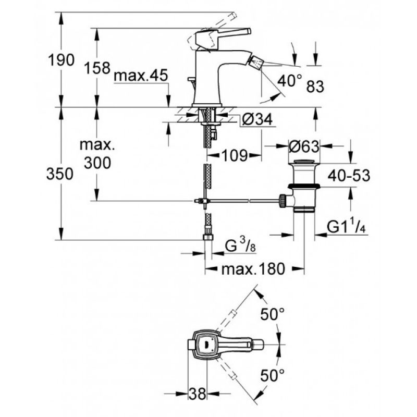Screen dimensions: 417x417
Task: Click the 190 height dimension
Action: click(61, 60)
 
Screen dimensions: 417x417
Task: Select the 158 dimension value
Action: click(97, 68)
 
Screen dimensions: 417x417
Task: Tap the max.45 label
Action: click(141, 76)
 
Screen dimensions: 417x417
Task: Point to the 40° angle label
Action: click(290, 80)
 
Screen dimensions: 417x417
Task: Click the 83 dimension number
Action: click(315, 87)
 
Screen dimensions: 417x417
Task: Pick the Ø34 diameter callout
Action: click(257, 119)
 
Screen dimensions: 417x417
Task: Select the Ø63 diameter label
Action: click(304, 146)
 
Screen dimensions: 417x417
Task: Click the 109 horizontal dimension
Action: click(235, 155)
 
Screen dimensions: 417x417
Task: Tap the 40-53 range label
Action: click(349, 176)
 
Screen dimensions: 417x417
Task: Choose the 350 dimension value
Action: click(60, 174)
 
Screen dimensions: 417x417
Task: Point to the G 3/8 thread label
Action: click(240, 246)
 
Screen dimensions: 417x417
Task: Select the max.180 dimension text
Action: click(253, 269)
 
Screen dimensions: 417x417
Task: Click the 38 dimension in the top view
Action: click(198, 394)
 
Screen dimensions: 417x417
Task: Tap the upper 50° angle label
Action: click(272, 314)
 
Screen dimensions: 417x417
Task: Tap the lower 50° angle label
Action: click(272, 375)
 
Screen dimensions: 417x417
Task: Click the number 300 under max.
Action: click(97, 163)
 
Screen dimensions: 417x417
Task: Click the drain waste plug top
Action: click(304, 162)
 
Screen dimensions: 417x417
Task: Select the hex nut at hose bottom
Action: click(208, 237)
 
